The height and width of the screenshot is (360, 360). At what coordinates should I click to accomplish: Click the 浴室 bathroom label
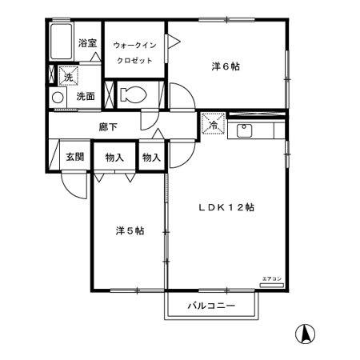[x=87, y=43]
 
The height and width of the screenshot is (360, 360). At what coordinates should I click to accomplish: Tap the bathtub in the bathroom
[x=60, y=42]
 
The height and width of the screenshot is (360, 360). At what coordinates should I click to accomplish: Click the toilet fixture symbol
[x=134, y=94]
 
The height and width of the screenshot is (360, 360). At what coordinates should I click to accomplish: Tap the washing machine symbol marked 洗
[x=68, y=77]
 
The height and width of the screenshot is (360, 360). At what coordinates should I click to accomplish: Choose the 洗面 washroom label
[x=86, y=97]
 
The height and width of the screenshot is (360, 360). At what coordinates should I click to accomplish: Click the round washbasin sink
[x=58, y=98]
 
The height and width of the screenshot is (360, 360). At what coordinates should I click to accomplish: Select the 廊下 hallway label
[x=108, y=126]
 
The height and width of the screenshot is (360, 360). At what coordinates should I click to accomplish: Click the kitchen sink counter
[x=255, y=130]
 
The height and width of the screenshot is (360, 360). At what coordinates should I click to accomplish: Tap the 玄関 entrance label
[x=74, y=157]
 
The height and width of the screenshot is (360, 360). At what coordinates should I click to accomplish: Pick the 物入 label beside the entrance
[x=114, y=157]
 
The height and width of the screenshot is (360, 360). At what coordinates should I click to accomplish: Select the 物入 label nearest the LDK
[x=151, y=157]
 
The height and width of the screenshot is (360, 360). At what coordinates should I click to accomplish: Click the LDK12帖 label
[x=226, y=207]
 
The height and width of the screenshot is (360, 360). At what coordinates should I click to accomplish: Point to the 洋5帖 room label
[x=129, y=231]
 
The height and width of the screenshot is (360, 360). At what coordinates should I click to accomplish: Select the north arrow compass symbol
[x=304, y=330]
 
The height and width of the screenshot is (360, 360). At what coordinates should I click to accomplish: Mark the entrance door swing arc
[x=74, y=186]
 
